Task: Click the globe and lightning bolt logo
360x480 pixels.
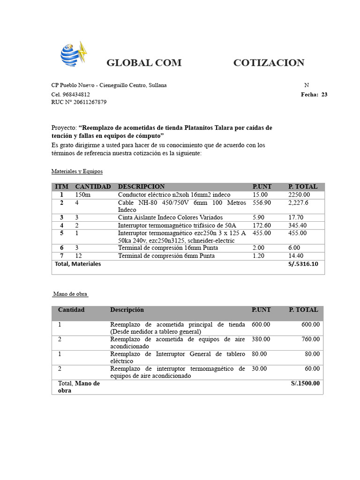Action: (74, 54)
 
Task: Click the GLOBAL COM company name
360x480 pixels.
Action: (144, 63)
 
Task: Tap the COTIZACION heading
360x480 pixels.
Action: (269, 63)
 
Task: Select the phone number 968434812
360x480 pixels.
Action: (76, 94)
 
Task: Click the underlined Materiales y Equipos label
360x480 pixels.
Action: (77, 172)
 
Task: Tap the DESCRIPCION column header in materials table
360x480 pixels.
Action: (141, 187)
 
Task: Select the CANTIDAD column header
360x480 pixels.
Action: (93, 187)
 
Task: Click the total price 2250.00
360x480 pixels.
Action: (299, 195)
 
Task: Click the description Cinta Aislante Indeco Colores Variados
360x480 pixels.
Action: (170, 217)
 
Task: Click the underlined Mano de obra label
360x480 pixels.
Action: (70, 294)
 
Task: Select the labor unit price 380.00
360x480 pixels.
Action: (261, 339)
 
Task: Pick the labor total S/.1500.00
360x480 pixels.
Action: (305, 383)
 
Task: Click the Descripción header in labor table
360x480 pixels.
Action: (127, 310)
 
